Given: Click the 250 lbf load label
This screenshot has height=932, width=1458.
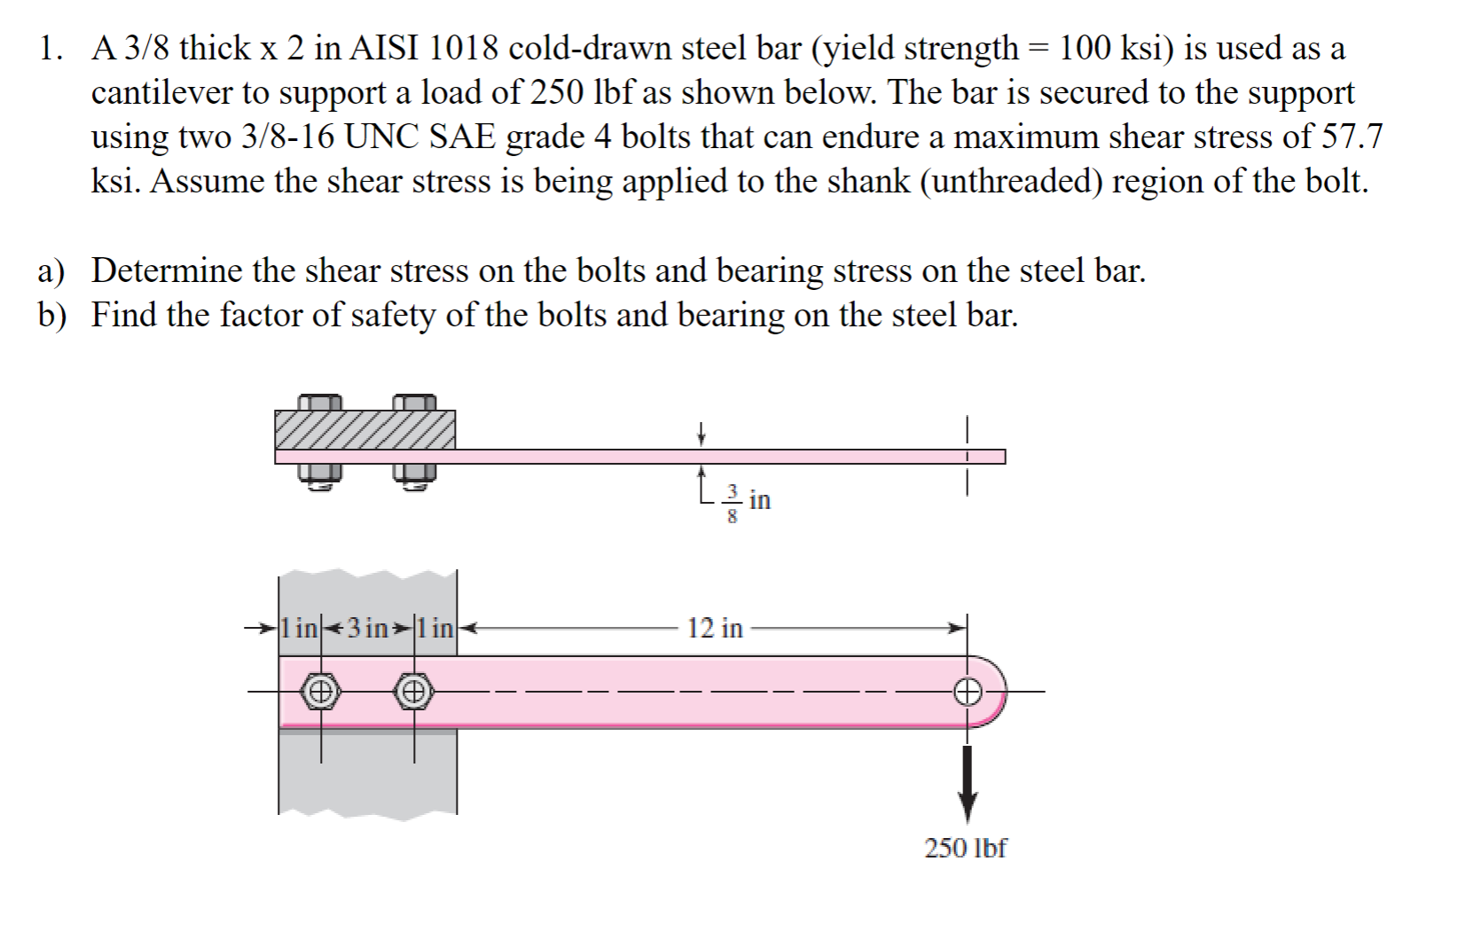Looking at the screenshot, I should (965, 849).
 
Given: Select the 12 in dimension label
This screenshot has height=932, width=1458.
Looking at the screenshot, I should (715, 629).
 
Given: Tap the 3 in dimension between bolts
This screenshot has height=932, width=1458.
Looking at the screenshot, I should (367, 629).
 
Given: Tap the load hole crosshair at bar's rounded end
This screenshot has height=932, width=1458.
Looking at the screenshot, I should (968, 691).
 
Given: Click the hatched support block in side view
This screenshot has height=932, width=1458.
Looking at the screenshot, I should (364, 430).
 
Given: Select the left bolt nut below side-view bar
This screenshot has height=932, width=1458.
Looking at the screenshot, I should (320, 477).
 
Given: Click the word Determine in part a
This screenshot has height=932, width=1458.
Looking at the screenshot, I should (167, 270).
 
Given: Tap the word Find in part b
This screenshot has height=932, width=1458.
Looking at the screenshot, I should (124, 315).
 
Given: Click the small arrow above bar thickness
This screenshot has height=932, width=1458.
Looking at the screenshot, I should (701, 434).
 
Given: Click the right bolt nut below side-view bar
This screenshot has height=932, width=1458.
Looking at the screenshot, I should (414, 477).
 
